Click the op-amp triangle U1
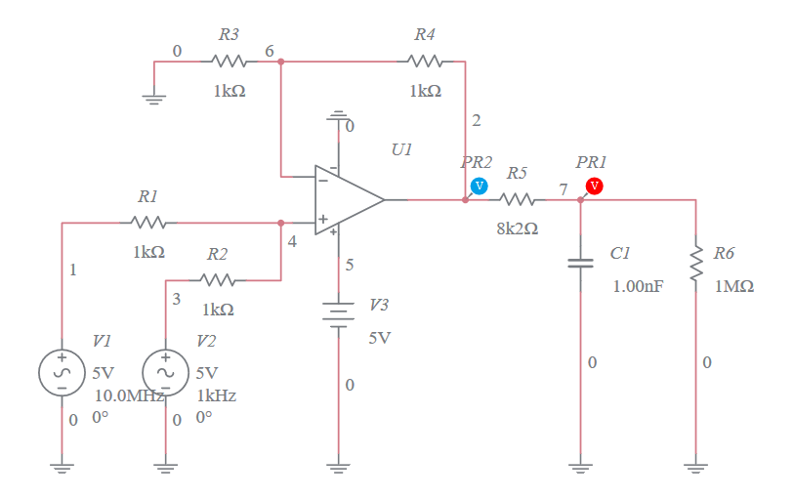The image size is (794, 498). pos(347,199)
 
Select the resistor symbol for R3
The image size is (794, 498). pos(229,62)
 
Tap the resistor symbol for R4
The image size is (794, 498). pos(425,62)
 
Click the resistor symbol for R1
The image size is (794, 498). pos(147,223)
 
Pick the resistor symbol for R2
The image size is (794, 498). pos(218,280)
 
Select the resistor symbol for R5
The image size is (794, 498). pos(518,199)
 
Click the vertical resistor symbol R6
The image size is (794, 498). pos(695,261)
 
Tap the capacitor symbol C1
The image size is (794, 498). pos(580,263)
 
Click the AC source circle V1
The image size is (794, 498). pos(62,372)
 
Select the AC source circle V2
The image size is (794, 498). pos(166,372)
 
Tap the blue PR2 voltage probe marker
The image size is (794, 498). pos(479,186)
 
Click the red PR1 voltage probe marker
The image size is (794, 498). pos(594,186)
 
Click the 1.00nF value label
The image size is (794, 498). pos(638,287)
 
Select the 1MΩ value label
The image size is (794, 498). pos(733,287)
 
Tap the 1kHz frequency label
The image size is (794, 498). pos(216,395)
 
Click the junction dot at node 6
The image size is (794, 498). pos(280,62)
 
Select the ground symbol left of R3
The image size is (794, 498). pos(154,96)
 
